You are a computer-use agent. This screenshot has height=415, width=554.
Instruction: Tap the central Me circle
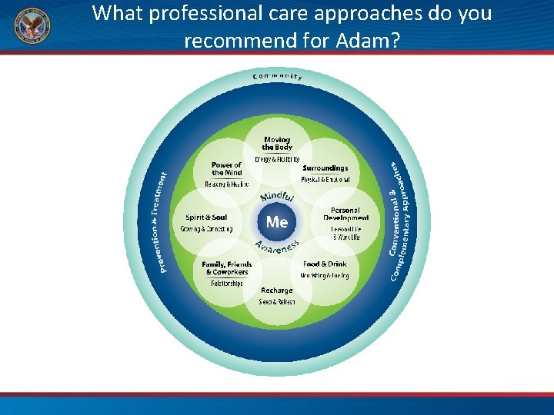pyautogui.click(x=276, y=222)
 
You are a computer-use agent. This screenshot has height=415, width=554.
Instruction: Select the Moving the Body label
pyautogui.click(x=277, y=143)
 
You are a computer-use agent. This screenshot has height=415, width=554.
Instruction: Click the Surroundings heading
pyautogui.click(x=325, y=168)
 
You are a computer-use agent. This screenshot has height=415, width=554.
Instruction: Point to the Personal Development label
pyautogui.click(x=345, y=214)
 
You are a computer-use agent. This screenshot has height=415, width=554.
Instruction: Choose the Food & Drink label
pyautogui.click(x=325, y=264)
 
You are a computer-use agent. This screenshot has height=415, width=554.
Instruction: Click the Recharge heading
pyautogui.click(x=276, y=290)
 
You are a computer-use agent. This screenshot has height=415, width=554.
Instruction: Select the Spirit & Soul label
pyautogui.click(x=206, y=217)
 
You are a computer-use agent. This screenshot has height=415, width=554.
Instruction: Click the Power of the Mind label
pyautogui.click(x=226, y=168)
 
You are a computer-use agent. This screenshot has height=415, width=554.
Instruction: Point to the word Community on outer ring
pyautogui.click(x=277, y=76)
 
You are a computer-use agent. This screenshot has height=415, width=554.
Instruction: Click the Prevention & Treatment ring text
pyautogui.click(x=163, y=222)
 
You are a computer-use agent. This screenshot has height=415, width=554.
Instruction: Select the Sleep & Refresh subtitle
pyautogui.click(x=276, y=302)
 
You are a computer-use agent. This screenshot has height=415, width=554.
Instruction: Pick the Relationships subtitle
pyautogui.click(x=226, y=283)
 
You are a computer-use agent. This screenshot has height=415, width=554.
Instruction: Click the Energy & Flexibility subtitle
pyautogui.click(x=277, y=159)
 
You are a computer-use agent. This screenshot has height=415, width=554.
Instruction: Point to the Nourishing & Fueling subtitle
pyautogui.click(x=325, y=275)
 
